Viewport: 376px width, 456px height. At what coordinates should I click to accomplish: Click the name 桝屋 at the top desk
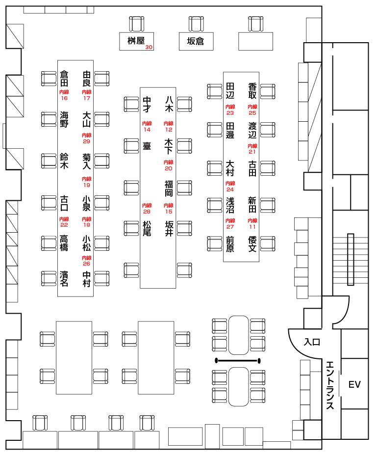[x=136, y=41]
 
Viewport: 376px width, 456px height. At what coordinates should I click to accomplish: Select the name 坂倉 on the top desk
[x=196, y=42]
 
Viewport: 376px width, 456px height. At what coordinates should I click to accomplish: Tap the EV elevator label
[x=354, y=384]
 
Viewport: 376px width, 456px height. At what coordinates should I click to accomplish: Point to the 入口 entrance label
[x=312, y=342]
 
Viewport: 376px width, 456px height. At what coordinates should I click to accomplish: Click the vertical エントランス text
[x=330, y=385]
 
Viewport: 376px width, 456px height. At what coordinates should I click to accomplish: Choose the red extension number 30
[x=149, y=48]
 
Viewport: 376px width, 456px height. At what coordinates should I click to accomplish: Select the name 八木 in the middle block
[x=169, y=104]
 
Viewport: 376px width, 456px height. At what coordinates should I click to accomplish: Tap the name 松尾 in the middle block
[x=147, y=228]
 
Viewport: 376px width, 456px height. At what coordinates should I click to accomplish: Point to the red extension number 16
[x=64, y=98]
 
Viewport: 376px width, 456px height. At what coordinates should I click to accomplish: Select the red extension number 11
[x=252, y=227]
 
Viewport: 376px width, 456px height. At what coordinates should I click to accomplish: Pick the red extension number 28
[x=147, y=212]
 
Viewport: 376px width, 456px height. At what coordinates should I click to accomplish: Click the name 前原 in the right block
[x=230, y=244]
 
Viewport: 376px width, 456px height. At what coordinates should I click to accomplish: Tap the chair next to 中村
[x=102, y=278]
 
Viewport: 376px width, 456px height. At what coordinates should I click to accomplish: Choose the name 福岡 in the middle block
[x=169, y=188]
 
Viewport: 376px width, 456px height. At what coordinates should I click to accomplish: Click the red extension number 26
[x=86, y=264]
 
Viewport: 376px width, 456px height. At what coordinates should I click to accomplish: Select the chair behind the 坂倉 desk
[x=196, y=24]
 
